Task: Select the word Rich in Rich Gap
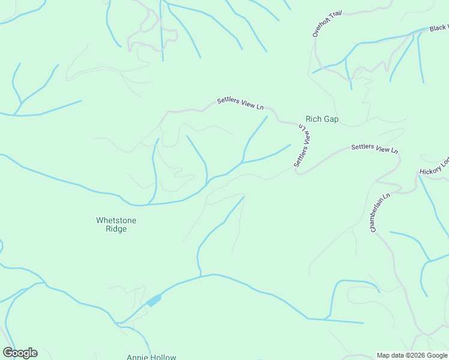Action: pyautogui.click(x=314, y=119)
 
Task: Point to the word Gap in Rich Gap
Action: pyautogui.click(x=331, y=119)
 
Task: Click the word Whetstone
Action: pyautogui.click(x=116, y=220)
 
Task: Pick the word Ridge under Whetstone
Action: pyautogui.click(x=116, y=229)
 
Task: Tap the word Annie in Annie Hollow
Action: pyautogui.click(x=137, y=357)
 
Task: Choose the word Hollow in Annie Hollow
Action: pyautogui.click(x=163, y=357)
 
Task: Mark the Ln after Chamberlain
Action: pyautogui.click(x=387, y=196)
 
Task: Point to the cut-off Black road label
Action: pyautogui.click(x=438, y=28)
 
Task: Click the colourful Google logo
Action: pyautogui.click(x=20, y=353)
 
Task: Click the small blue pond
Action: pyautogui.click(x=154, y=301)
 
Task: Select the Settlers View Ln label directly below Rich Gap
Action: pyautogui.click(x=303, y=147)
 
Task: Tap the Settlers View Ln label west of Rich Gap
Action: pyautogui.click(x=240, y=104)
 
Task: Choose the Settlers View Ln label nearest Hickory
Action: pyautogui.click(x=375, y=148)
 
